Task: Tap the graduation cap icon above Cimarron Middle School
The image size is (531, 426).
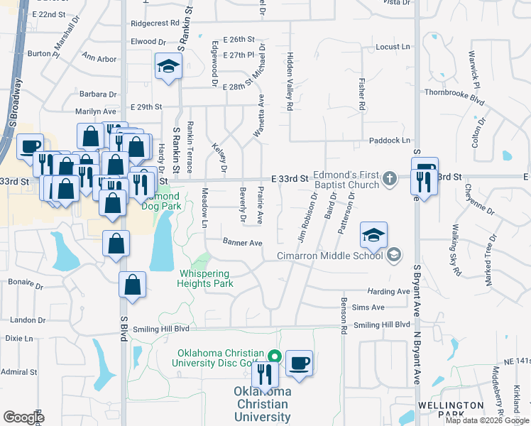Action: tap(374, 234)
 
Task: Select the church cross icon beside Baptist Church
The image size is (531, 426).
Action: tap(389, 177)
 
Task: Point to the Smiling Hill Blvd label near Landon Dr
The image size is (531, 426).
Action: tap(162, 329)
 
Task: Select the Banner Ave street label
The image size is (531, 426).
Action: tap(243, 243)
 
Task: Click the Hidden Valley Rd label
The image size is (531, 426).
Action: tap(290, 81)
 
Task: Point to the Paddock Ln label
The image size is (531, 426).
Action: tap(385, 141)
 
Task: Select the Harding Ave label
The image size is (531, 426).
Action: tap(388, 291)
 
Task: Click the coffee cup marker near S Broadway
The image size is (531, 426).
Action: tap(29, 147)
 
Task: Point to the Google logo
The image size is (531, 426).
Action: tap(23, 417)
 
